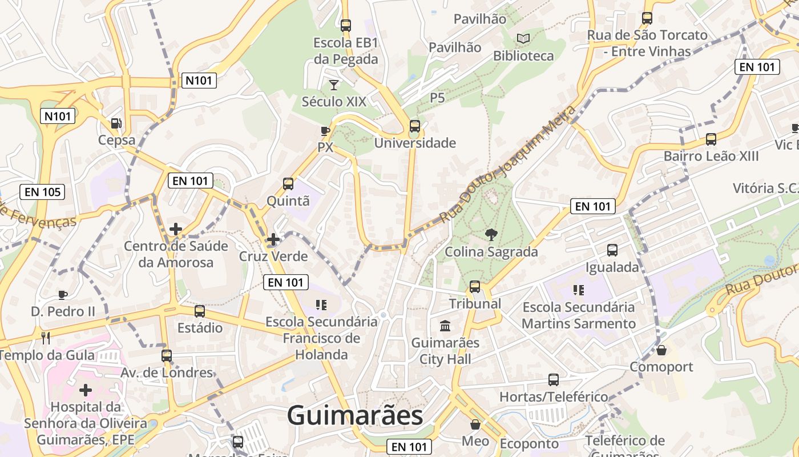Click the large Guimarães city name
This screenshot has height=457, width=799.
pyautogui.click(x=355, y=415)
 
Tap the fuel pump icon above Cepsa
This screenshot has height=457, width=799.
pyautogui.click(x=116, y=123)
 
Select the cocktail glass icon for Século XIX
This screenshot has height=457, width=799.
pyautogui.click(x=334, y=85)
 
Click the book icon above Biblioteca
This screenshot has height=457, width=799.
pyautogui.click(x=523, y=39)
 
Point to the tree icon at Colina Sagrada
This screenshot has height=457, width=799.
pyautogui.click(x=491, y=234)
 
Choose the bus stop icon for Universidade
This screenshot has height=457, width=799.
pyautogui.click(x=415, y=126)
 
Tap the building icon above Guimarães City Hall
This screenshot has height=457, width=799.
pyautogui.click(x=445, y=326)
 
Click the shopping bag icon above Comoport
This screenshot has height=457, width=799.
pyautogui.click(x=661, y=350)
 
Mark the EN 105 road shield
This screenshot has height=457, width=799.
pyautogui.click(x=43, y=192)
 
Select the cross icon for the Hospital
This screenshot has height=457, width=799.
pyautogui.click(x=86, y=391)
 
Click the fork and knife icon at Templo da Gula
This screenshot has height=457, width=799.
pyautogui.click(x=46, y=338)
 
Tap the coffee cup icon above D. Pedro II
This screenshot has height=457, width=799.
pyautogui.click(x=63, y=295)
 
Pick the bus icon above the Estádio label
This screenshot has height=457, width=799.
pyautogui.click(x=200, y=311)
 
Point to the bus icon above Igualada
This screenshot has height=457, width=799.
pyautogui.click(x=612, y=250)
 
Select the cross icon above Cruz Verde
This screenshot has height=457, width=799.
pyautogui.click(x=273, y=239)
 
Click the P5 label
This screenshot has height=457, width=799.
pyautogui.click(x=437, y=98)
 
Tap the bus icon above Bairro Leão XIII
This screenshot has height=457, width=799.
pyautogui.click(x=711, y=139)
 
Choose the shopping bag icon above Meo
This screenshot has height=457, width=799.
pyautogui.click(x=475, y=424)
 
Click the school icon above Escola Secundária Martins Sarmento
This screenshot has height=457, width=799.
pyautogui.click(x=579, y=290)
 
